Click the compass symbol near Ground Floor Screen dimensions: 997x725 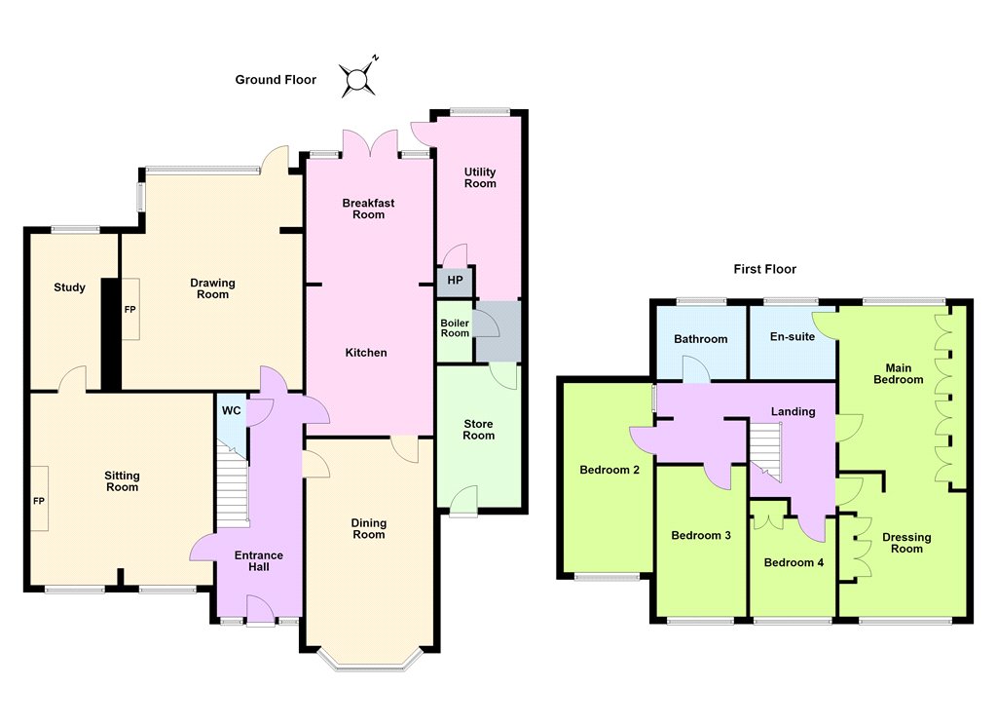click(358, 79)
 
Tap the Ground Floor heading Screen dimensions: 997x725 click(276, 80)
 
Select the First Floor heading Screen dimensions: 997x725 click(764, 269)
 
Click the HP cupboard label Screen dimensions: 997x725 click(456, 280)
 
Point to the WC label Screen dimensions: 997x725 click(232, 410)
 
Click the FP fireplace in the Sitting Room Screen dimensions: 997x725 click(39, 499)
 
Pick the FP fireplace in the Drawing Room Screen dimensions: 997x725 click(130, 309)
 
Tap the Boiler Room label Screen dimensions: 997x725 click(455, 327)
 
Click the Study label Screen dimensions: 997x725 click(69, 287)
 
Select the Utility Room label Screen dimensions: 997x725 click(480, 177)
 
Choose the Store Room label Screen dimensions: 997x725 click(478, 430)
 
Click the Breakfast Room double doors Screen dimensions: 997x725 click(370, 143)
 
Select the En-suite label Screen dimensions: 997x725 click(793, 337)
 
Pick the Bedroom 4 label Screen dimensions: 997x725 click(794, 562)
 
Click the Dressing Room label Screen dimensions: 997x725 click(906, 543)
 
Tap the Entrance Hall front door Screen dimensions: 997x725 click(260, 610)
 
